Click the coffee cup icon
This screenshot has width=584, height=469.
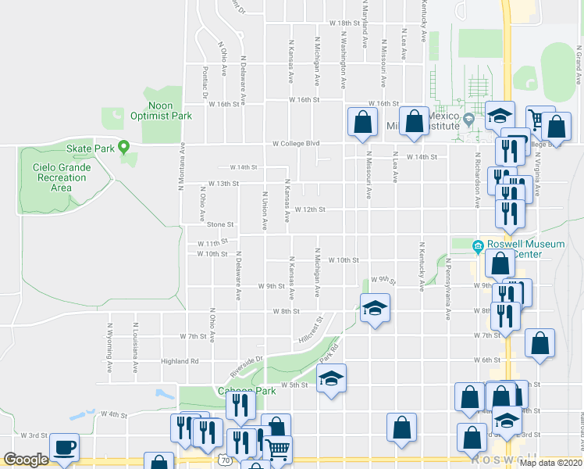[64, 448]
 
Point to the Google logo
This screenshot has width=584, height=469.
[26, 460]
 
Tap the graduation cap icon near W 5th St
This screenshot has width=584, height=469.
[332, 379]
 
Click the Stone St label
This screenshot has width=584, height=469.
[220, 224]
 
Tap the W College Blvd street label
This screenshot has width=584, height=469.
[297, 143]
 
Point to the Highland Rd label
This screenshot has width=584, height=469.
[180, 361]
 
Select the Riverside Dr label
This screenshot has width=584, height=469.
[247, 365]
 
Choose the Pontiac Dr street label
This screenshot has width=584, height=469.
[205, 79]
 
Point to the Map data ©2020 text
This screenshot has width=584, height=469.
[550, 463]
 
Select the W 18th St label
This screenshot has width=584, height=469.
[344, 23]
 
